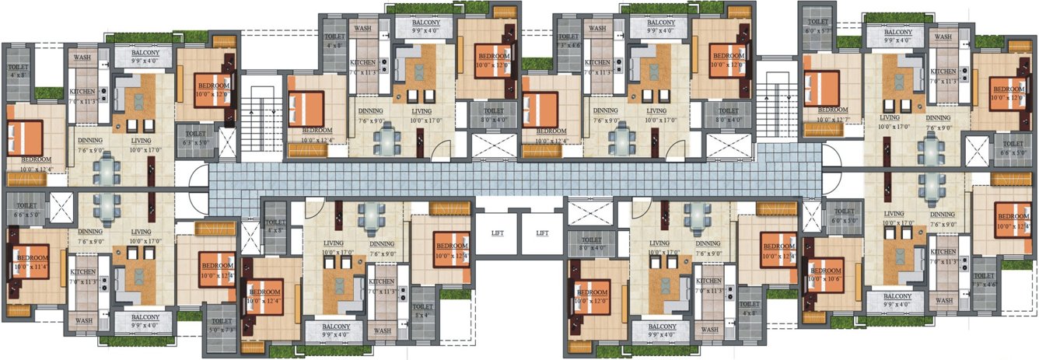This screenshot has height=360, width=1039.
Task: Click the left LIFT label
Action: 498,232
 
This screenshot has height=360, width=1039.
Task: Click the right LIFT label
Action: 542,232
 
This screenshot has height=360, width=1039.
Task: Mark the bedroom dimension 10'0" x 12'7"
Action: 831,119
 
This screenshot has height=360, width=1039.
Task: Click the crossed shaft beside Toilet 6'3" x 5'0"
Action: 226,143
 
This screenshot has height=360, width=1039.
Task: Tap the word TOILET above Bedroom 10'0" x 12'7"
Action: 818,23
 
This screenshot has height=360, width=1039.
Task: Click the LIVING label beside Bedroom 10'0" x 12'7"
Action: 889,117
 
